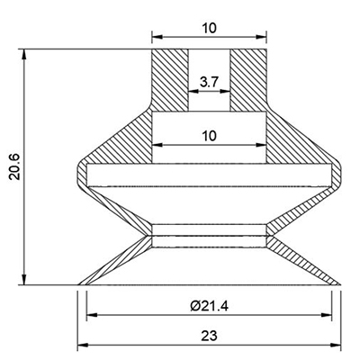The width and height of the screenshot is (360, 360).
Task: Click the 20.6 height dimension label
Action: tap(14, 166)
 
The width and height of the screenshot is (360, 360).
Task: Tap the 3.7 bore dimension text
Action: tap(210, 82)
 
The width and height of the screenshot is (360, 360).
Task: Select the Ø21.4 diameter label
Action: tap(209, 306)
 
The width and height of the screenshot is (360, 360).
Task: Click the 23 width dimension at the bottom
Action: tap(209, 336)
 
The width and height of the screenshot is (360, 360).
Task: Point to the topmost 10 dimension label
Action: tap(209, 29)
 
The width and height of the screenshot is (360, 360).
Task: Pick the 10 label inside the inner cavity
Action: tap(209, 136)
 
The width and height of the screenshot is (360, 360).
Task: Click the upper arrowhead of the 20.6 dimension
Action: tap(24, 55)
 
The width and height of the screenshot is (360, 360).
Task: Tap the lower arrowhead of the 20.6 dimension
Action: tap(24, 279)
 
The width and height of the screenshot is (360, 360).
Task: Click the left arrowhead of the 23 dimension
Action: tap(83, 345)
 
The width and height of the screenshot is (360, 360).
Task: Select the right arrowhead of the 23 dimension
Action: tap(335, 345)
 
